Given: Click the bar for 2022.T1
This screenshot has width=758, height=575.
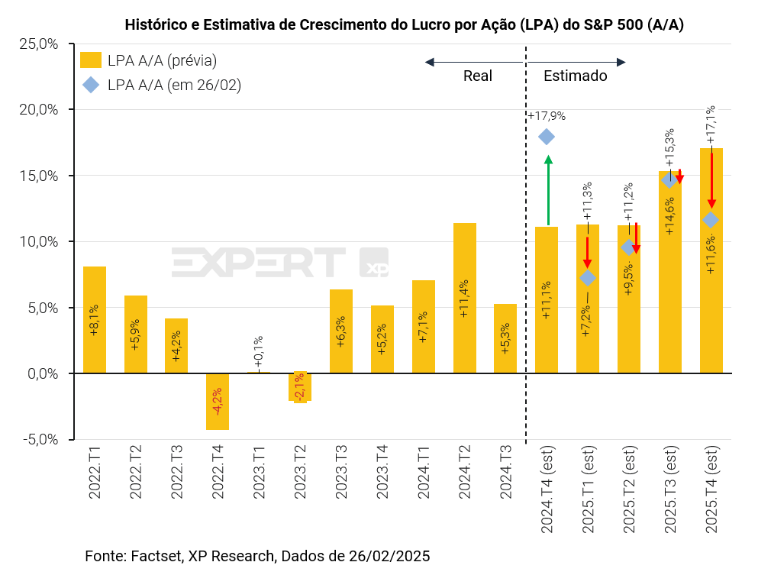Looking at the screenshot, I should point(95,320).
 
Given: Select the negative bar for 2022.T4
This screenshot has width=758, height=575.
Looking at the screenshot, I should point(218,402).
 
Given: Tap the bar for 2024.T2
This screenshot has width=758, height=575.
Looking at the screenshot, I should point(464,298).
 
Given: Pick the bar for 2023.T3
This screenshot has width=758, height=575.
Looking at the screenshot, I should point(341,331).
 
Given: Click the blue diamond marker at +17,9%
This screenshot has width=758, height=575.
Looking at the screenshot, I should point(547,137).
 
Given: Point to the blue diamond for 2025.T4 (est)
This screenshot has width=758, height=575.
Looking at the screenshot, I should point(711,220).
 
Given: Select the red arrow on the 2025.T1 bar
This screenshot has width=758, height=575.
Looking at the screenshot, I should point(588,252).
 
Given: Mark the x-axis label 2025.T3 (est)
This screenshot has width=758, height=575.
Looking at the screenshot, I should point(671,489).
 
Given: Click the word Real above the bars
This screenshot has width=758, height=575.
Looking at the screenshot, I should point(478,76).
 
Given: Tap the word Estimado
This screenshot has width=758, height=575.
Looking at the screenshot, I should point(575,76).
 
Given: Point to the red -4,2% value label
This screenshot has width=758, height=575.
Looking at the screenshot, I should point(218,400).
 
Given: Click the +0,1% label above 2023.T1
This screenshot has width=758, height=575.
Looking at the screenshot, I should point(259,351).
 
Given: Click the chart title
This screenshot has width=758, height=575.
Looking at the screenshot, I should point(404,25).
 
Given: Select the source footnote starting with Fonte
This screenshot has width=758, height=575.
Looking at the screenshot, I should point(257,555).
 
